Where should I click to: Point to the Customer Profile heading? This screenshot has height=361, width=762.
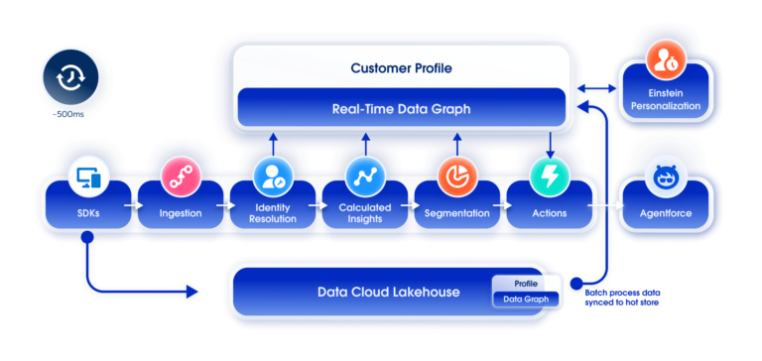point(400,68)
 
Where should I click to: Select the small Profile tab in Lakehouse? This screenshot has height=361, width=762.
point(527,284)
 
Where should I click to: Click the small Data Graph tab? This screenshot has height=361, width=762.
point(527,299)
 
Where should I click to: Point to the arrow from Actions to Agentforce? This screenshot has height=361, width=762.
point(605,206)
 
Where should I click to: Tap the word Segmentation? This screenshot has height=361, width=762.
point(456,213)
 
